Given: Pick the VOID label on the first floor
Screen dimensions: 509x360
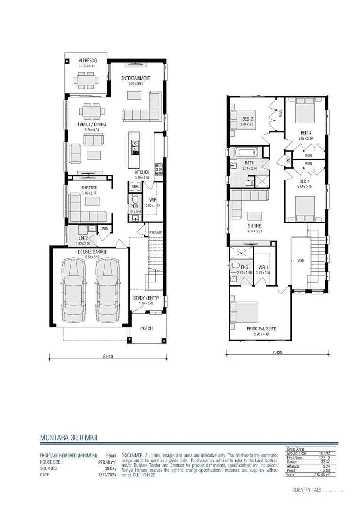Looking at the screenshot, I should (x=300, y=260).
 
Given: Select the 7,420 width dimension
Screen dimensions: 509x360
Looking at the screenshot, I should (x=278, y=352).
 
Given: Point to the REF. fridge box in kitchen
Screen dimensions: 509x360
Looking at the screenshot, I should (x=135, y=187).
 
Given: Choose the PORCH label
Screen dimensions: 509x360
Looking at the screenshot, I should (x=147, y=328).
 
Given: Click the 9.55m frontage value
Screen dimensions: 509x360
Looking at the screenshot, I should (x=111, y=456).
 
